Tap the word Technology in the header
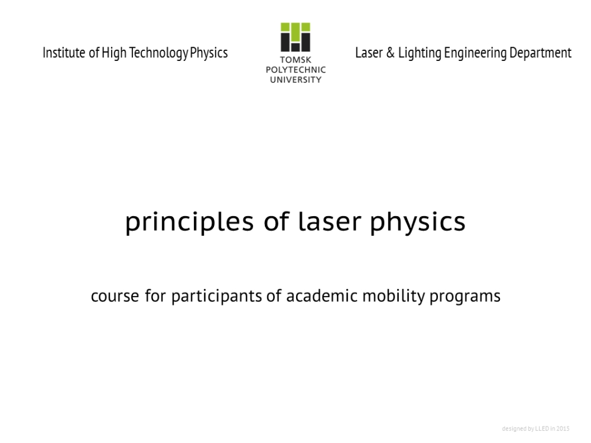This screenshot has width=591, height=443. [158, 53]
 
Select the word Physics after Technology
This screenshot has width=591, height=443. [209, 53]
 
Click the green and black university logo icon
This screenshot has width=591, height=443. [295, 37]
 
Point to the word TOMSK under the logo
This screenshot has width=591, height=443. [295, 60]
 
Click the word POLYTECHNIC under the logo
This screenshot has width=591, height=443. [295, 70]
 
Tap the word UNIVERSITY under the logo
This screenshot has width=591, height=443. [295, 80]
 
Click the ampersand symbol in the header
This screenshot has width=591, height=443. [391, 53]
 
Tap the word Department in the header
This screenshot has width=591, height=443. [541, 53]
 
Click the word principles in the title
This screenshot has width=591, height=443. [189, 222]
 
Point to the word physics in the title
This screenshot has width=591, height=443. [418, 222]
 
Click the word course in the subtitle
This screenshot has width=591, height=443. [115, 296]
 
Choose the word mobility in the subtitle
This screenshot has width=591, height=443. [394, 297]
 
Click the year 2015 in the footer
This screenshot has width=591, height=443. [563, 429]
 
